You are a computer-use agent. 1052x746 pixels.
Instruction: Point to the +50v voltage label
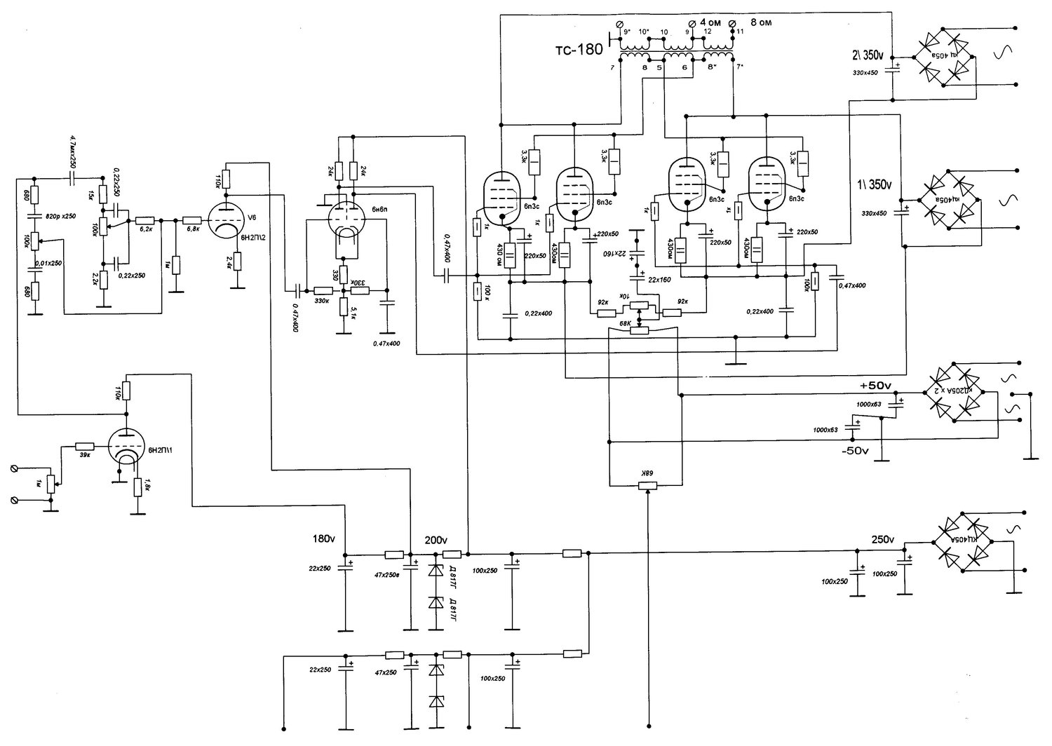coord(875,386)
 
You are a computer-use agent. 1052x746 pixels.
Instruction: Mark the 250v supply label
coord(883,540)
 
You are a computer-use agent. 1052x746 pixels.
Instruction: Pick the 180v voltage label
coord(323,540)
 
